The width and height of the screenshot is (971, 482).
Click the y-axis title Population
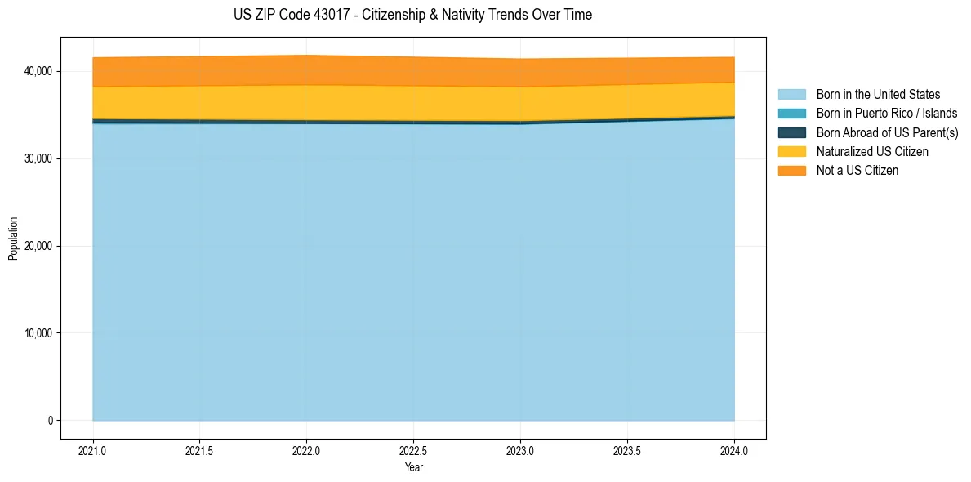pos(13,238)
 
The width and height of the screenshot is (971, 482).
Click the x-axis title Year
pos(414,467)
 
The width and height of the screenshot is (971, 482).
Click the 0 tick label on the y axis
pos(50,421)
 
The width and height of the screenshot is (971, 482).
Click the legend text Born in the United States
pos(878,95)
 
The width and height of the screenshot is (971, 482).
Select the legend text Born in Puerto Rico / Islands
pos(887,114)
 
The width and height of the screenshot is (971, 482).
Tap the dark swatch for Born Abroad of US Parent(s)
pos(791,132)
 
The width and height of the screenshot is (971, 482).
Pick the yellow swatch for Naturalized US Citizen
pos(791,152)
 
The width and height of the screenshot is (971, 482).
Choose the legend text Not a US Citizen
pos(857,171)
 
